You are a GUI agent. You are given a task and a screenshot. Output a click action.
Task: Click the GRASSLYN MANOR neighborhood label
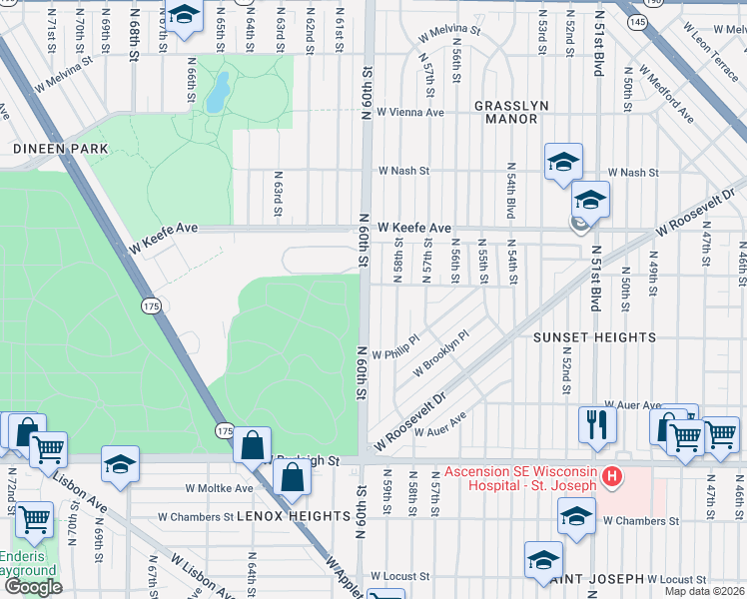[505, 112]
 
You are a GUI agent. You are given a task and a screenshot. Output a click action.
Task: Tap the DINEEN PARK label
[46, 148]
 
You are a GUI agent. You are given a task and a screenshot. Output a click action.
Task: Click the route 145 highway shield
[636, 20]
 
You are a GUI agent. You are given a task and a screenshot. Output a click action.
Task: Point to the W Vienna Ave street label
[410, 113]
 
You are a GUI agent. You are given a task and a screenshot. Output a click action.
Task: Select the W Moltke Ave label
[220, 489]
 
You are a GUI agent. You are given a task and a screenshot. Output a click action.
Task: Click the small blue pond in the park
[217, 92]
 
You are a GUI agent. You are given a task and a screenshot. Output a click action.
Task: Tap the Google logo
[33, 587]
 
